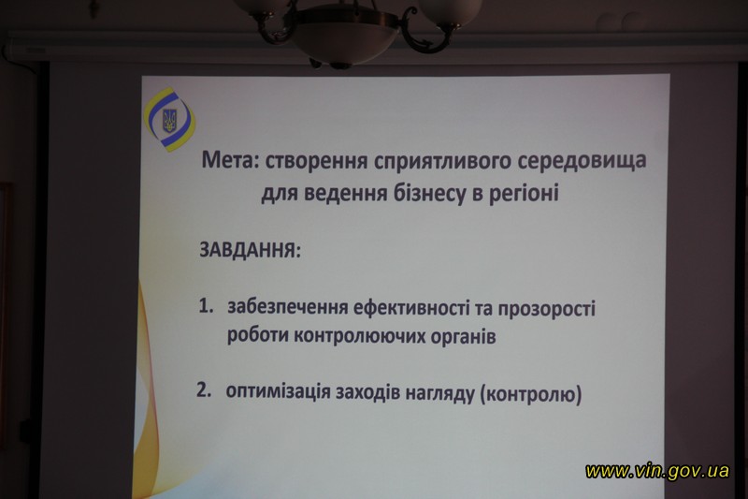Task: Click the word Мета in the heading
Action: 231,160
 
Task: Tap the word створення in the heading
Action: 316,162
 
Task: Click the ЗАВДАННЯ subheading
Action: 251,251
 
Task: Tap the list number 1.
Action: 206,306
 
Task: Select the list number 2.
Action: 203,390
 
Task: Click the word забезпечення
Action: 288,308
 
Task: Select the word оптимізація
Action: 278,392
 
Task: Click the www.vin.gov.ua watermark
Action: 657,471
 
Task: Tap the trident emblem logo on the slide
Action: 169,122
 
